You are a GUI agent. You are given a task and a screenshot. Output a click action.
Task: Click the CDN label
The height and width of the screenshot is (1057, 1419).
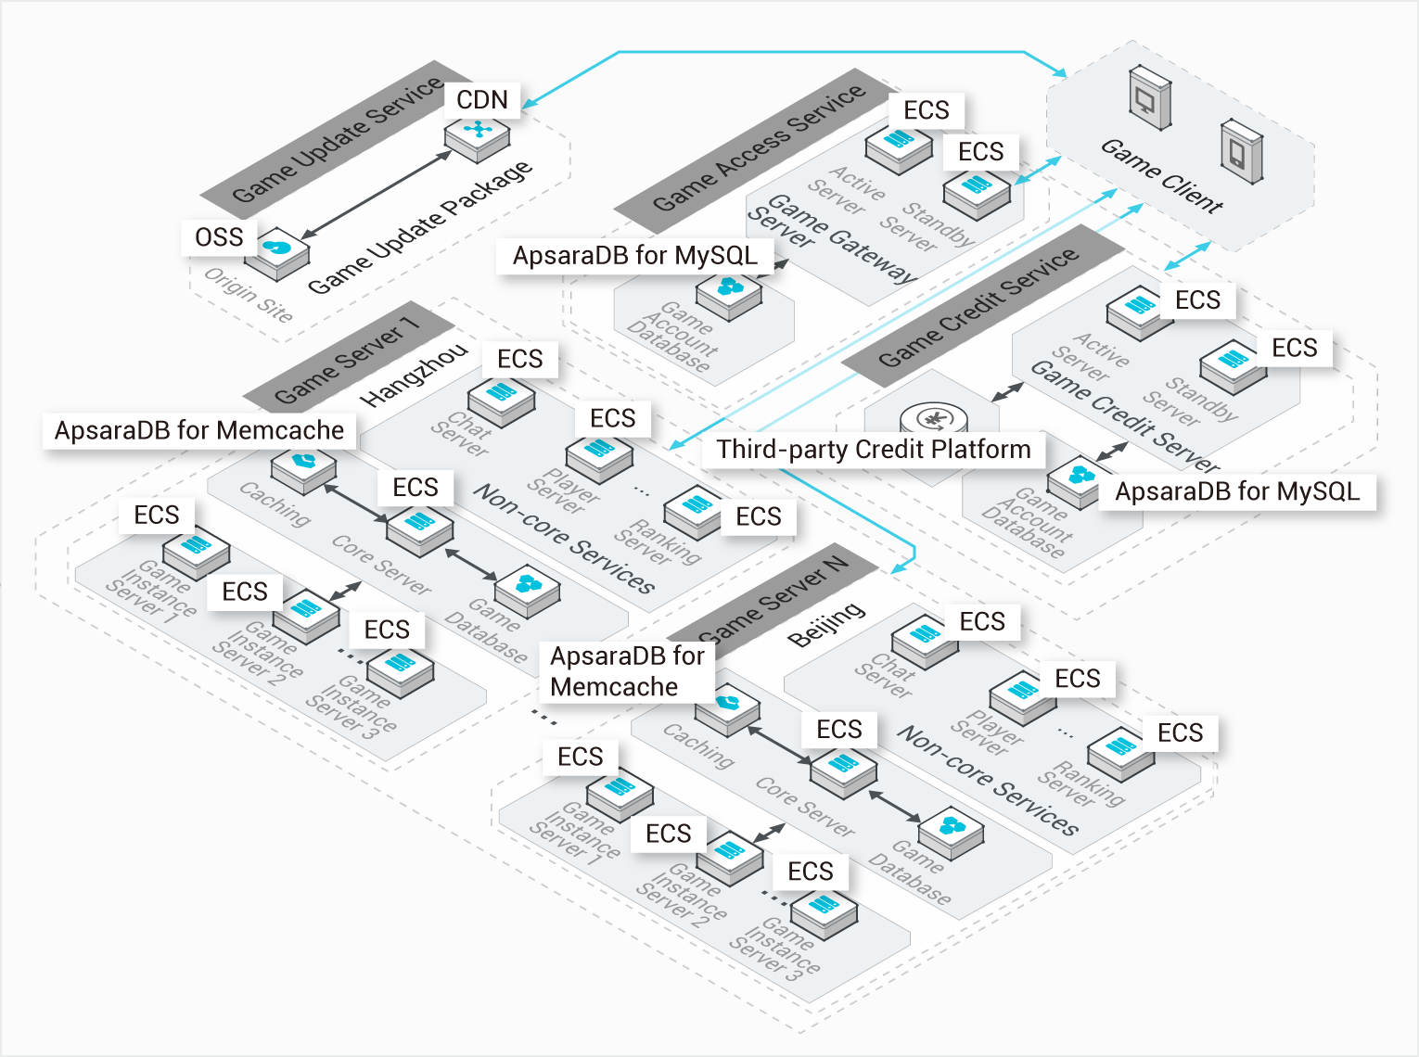(x=481, y=100)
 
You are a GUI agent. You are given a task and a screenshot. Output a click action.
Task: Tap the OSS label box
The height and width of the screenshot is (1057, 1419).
(x=219, y=237)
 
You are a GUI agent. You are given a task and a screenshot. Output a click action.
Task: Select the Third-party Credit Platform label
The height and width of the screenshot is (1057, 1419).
(x=874, y=449)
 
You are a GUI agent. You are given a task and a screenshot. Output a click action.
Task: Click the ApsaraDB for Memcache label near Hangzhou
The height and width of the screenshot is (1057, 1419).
(x=199, y=430)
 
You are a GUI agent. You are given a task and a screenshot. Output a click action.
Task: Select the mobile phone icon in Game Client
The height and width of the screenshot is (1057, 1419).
(x=1241, y=151)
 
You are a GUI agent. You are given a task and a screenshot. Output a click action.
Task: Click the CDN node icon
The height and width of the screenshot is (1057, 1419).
(x=478, y=137)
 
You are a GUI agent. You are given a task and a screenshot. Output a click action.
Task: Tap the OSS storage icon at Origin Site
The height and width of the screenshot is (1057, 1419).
(x=277, y=254)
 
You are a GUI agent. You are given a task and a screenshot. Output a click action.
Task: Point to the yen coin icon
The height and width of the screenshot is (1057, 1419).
(x=933, y=420)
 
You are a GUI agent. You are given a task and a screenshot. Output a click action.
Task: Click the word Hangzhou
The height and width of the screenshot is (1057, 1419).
(x=414, y=375)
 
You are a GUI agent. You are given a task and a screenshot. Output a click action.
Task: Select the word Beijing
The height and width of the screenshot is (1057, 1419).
(x=826, y=624)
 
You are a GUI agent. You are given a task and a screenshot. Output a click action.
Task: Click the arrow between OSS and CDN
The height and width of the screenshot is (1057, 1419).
(x=377, y=195)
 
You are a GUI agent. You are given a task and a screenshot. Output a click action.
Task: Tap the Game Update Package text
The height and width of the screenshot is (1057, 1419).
(x=420, y=228)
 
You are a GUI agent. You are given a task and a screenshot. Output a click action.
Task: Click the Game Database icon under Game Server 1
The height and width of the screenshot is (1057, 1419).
(x=527, y=591)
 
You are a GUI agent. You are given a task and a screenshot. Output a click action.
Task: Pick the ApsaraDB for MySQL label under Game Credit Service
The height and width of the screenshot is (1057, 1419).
(x=1237, y=491)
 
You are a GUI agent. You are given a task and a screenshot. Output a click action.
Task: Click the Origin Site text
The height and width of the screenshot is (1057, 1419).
(x=249, y=295)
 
